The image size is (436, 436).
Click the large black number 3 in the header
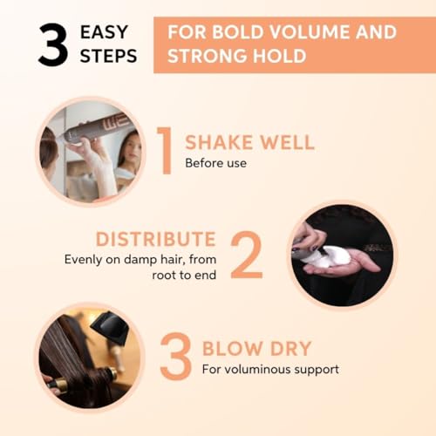53,44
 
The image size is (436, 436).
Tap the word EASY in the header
104,32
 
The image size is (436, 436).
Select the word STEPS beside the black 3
108,56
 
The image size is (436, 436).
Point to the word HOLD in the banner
280,56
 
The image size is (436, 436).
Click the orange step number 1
166,150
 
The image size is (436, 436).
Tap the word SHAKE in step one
219,142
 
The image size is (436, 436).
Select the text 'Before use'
215,163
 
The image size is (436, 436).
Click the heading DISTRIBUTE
156,239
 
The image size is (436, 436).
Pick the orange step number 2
247,255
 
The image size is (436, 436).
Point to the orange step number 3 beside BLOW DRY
175,357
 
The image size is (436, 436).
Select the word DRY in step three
291,348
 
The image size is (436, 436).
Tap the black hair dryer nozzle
110,330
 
